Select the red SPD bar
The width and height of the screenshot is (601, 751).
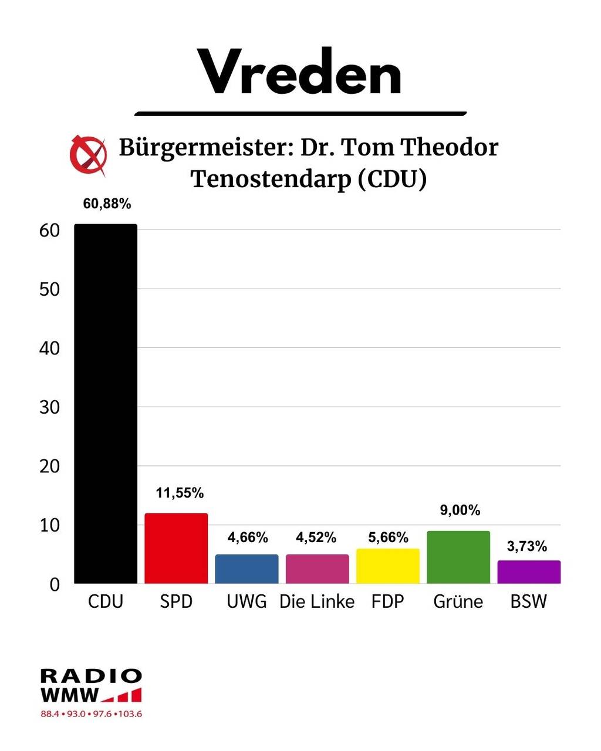176,549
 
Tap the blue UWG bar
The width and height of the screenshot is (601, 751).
247,569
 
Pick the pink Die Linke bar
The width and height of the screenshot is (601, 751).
317,569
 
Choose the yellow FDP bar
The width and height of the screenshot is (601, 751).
388,566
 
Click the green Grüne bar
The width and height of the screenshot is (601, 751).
458,557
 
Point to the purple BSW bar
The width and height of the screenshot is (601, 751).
529,572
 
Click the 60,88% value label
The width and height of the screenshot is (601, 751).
107,204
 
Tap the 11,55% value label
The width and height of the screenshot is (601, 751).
180,493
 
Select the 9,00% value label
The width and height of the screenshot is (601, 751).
460,510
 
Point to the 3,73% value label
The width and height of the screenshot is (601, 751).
527,547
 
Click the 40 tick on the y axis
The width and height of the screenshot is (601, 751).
50,348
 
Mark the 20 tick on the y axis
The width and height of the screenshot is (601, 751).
50,466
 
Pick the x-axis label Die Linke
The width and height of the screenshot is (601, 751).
317,601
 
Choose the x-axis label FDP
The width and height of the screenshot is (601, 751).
388,601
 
